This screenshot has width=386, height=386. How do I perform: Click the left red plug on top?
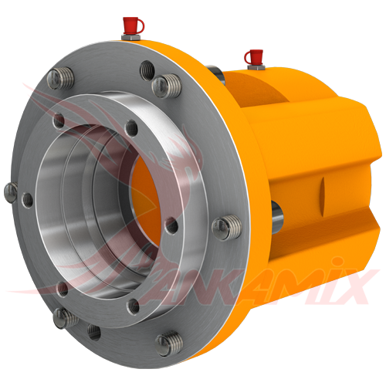click(133, 25)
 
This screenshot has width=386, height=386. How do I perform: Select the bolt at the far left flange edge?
click(10, 191)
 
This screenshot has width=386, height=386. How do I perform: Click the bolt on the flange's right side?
click(224, 226)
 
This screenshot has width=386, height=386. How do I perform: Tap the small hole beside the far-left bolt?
click(28, 200)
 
